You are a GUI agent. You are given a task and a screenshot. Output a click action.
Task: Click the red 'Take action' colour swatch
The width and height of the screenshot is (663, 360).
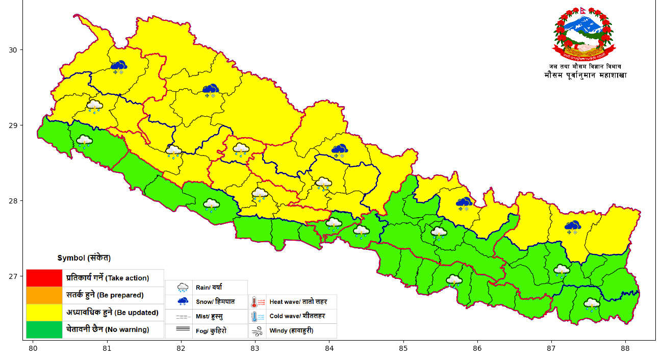pos(44,278)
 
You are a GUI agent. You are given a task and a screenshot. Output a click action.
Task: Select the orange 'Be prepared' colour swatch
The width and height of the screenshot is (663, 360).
pos(44,295)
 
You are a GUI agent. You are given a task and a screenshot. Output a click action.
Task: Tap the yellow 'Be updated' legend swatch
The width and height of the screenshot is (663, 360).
pos(44,312)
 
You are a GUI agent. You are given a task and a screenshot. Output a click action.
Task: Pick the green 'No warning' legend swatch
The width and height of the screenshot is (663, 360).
pos(44,329)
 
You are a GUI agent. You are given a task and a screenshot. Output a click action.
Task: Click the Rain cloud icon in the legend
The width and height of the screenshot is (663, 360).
pos(183,288)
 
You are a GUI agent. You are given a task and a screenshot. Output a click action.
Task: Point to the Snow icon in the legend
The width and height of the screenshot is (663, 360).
pos(183,301)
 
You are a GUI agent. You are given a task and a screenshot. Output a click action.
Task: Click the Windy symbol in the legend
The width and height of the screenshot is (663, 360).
pos(258,330)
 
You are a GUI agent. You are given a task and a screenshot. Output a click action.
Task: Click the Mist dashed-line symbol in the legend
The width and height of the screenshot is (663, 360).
pos(183,317)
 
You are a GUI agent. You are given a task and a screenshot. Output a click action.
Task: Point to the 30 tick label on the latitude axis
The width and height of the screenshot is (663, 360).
pos(13,50)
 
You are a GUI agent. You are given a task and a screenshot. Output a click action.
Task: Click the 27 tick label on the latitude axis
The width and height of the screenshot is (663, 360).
pos(13,276)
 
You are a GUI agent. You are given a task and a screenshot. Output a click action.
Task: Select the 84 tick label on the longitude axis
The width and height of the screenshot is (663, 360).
pos(329,349)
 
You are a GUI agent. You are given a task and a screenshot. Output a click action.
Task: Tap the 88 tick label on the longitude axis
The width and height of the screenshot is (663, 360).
pos(625,349)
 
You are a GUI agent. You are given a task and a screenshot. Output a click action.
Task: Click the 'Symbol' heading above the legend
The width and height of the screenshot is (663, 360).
pos(84,258)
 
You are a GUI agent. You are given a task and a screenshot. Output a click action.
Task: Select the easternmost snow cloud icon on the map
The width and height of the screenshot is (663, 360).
pos(572,226)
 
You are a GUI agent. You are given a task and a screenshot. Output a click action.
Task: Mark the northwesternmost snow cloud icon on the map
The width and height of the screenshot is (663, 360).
pos(119,66)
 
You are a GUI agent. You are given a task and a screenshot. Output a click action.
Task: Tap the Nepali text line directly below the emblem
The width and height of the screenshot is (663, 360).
pos(585,67)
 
